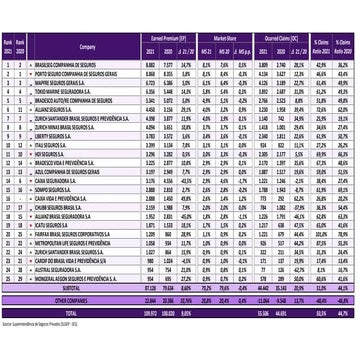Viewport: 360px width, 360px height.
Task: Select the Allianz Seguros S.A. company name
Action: [59, 109]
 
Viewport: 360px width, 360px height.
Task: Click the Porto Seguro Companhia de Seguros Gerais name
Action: [84, 71]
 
